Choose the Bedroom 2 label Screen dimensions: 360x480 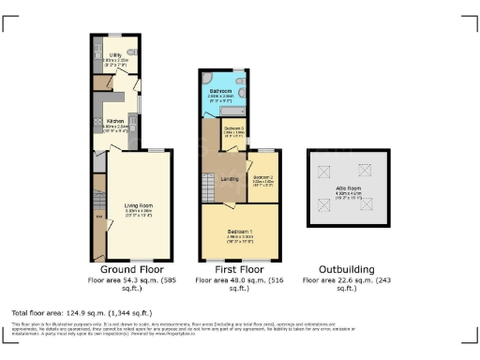tap(262, 176)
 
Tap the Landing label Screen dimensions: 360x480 tap(228, 178)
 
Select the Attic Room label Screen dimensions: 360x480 tap(348, 189)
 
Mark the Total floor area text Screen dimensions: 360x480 tap(82, 312)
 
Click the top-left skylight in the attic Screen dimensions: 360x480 tap(326, 172)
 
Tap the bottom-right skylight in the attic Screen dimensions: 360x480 tap(367, 205)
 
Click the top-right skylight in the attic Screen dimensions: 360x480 tap(367, 172)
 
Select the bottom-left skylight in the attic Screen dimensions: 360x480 tap(326, 205)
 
